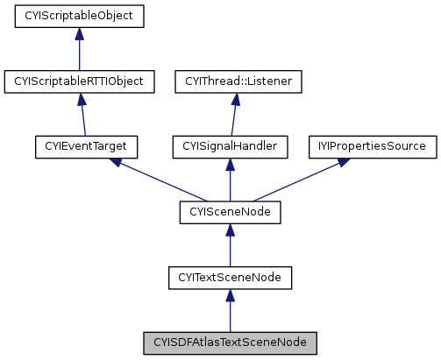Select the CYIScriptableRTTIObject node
[x=79, y=81]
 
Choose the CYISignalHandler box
[x=230, y=147]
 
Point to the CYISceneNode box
[x=230, y=212]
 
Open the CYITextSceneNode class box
[x=230, y=278]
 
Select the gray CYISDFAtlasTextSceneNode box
[x=230, y=342]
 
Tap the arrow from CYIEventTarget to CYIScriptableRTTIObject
[x=83, y=115]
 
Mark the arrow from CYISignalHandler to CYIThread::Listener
[x=234, y=115]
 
